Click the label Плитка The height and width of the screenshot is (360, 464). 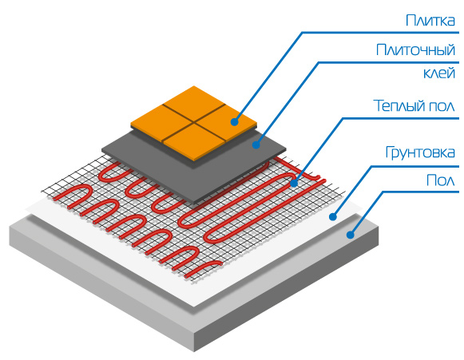point(430,21)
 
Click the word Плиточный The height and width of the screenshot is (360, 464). point(415,50)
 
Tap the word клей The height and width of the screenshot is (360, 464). point(439,73)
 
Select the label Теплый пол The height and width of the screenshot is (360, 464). point(414,105)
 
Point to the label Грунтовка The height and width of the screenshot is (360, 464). point(420,152)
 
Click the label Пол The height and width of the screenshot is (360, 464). point(440,180)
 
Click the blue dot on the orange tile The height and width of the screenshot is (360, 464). point(235,121)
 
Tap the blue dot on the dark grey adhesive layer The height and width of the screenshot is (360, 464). point(256,144)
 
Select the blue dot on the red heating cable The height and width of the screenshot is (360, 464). point(294,183)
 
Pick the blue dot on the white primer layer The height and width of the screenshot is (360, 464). point(333,217)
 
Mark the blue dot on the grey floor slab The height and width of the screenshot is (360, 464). point(351,235)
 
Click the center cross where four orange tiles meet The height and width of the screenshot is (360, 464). point(194,121)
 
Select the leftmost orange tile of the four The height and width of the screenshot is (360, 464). point(161,122)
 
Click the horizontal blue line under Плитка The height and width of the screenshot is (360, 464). point(380,32)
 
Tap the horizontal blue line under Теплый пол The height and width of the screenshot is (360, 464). point(400,118)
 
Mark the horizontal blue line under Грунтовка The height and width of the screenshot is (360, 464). point(414,167)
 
